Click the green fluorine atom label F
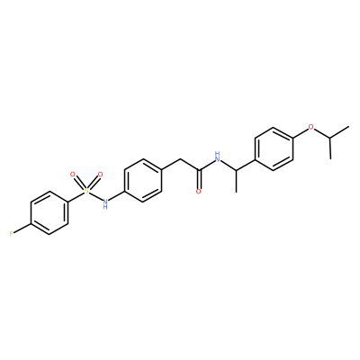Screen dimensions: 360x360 pos(11,234)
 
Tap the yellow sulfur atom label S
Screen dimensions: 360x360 pos(86,190)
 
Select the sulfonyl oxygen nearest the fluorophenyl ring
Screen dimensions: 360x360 pos(72,174)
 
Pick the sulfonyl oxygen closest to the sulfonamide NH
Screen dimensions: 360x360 pos(100,174)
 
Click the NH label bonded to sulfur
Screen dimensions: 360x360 pos(104,203)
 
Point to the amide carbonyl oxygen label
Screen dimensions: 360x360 pos(198,192)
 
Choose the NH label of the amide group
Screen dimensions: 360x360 pos(218,157)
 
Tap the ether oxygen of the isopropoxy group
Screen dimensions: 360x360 pos(311,128)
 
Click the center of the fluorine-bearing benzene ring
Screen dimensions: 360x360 pos(49,212)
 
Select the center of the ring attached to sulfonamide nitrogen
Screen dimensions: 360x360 pos(142,180)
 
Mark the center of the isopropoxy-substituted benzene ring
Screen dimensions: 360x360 pos(274,149)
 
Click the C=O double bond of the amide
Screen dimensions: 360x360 pos(198,179)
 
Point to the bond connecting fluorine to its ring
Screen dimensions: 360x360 pos(22,229)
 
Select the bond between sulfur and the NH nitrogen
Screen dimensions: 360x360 pos(95,195)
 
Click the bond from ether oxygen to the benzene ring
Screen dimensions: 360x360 pos(301,133)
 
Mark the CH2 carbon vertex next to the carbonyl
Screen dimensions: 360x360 pos(180,158)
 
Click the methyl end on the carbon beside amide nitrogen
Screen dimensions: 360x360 pos(236,192)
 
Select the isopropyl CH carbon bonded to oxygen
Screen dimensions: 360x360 pos(330,139)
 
